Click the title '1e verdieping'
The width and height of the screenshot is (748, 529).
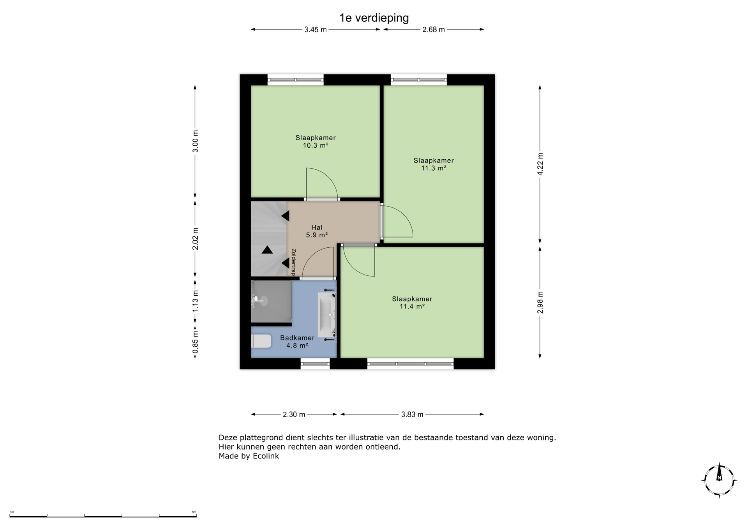pos(374,18)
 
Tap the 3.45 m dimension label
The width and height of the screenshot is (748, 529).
pos(316,30)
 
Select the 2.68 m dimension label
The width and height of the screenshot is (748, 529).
pos(434,30)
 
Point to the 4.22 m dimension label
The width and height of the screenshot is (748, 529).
pos(540,164)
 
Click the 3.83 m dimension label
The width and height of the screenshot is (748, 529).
pos(412,414)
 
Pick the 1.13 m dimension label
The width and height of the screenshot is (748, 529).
pos(195,301)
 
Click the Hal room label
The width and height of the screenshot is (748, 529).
pos(317,227)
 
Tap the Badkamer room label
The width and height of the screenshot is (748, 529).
pos(297,338)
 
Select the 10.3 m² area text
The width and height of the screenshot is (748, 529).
pos(316,145)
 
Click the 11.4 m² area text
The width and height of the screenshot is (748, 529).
pos(412,307)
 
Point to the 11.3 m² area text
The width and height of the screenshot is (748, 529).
pos(434,168)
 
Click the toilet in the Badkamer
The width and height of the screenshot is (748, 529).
pos(261,341)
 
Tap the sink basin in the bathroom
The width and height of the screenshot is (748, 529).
pos(326,315)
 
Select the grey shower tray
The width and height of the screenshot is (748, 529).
pos(271,302)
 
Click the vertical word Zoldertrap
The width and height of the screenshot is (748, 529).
pos(294,262)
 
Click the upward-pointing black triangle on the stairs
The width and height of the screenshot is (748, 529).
pos(267,250)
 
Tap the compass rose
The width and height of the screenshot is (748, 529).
pos(719,480)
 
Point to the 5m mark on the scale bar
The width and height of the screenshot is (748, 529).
pos(194,512)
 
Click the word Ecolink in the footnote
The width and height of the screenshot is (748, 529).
pos(266,456)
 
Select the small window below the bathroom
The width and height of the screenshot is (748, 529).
pos(315,364)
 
